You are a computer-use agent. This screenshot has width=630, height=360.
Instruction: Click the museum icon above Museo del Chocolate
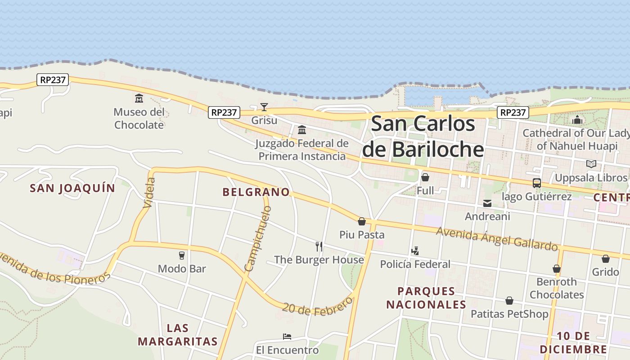pyautogui.click(x=139, y=98)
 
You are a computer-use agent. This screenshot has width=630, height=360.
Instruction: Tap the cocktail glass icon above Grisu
pyautogui.click(x=264, y=107)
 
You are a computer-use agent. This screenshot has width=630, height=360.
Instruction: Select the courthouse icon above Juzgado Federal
pyautogui.click(x=302, y=130)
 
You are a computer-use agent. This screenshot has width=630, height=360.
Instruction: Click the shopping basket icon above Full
pyautogui.click(x=425, y=177)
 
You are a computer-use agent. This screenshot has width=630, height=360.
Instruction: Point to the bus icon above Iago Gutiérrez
pyautogui.click(x=536, y=183)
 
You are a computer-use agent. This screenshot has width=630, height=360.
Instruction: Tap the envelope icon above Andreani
pyautogui.click(x=487, y=203)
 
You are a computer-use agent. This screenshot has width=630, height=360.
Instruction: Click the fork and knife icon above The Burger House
pyautogui.click(x=319, y=246)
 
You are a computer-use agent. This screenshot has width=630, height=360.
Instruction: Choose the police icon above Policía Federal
pyautogui.click(x=415, y=251)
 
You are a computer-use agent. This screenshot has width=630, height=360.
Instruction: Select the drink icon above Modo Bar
pyautogui.click(x=182, y=256)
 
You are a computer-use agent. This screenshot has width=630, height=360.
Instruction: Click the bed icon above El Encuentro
pyautogui.click(x=287, y=337)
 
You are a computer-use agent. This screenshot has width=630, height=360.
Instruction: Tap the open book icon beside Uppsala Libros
pyautogui.click(x=591, y=164)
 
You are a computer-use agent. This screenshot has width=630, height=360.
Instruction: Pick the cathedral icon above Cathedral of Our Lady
pyautogui.click(x=577, y=120)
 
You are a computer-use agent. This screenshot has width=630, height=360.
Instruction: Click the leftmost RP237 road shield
pyautogui.click(x=53, y=80)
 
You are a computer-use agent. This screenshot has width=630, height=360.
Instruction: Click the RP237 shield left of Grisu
pyautogui.click(x=224, y=112)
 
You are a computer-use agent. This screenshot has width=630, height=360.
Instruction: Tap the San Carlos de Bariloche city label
pyautogui.click(x=423, y=136)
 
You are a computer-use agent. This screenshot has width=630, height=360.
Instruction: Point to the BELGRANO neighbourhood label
pyautogui.click(x=256, y=192)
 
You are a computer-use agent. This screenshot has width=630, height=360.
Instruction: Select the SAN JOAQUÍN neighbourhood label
pyautogui.click(x=72, y=188)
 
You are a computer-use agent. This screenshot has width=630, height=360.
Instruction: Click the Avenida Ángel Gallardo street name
pyautogui.click(x=497, y=238)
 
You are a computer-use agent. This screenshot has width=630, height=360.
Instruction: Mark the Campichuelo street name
pyautogui.click(x=258, y=238)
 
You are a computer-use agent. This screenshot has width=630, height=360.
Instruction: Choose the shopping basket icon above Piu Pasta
pyautogui.click(x=362, y=221)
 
